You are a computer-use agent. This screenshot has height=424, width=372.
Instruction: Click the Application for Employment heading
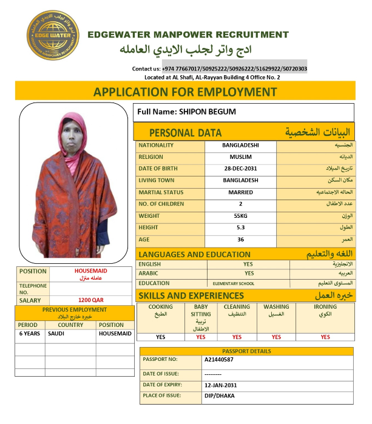[185, 92]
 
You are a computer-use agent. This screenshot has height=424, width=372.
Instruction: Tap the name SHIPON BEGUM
[207, 112]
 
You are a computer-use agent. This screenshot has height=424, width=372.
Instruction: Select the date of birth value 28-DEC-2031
[240, 168]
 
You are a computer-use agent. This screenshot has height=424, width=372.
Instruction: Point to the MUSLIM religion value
[240, 156]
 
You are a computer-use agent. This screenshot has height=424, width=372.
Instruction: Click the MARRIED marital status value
[240, 192]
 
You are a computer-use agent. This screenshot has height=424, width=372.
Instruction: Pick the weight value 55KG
[240, 215]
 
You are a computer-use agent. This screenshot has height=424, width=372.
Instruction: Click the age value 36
[240, 239]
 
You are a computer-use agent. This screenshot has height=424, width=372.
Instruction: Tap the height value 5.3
[240, 227]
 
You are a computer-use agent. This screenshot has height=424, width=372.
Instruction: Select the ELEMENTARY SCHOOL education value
[233, 283]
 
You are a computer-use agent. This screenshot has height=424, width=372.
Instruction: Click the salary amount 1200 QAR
[90, 300]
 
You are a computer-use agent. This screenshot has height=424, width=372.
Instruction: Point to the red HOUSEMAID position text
[90, 271]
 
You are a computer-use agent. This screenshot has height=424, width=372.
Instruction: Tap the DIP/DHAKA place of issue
[218, 396]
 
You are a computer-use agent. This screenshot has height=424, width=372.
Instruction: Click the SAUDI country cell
[56, 334]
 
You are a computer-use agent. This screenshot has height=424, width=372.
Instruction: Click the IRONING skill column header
[325, 307]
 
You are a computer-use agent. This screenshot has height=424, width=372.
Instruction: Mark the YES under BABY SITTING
[201, 337]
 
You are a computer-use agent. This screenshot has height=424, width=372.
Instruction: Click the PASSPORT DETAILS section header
[246, 351]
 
